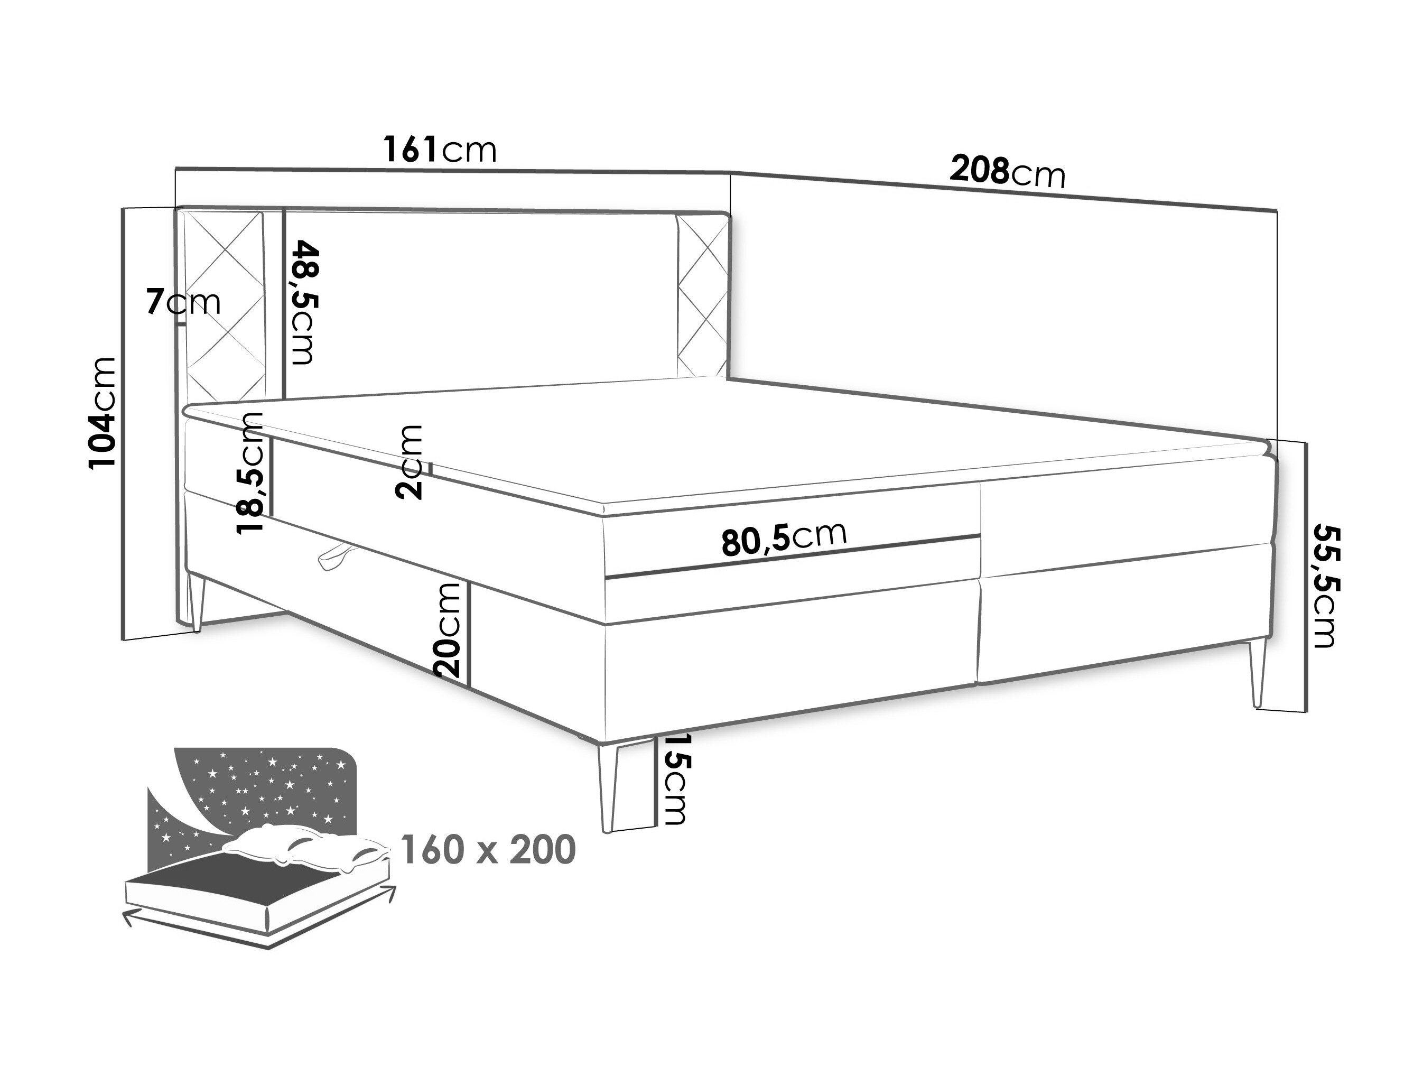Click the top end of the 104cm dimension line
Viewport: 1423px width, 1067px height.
(x=123, y=208)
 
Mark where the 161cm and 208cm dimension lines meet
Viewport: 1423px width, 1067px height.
(x=730, y=172)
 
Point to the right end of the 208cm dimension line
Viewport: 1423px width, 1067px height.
(x=1276, y=210)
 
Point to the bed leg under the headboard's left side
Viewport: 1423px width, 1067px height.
(x=196, y=602)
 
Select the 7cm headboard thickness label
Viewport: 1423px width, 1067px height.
(x=184, y=302)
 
